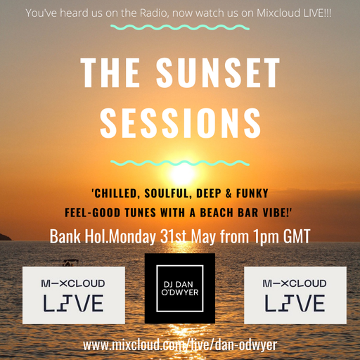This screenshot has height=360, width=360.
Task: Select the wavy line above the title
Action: tap(179, 28)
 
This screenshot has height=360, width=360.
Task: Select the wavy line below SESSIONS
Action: tap(180, 162)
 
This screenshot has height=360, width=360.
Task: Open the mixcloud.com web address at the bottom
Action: tap(181, 345)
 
